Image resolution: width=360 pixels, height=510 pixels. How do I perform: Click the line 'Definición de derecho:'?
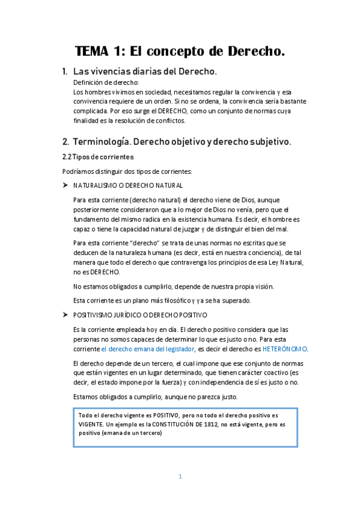106,82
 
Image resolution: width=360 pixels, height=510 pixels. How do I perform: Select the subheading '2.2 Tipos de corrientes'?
94,157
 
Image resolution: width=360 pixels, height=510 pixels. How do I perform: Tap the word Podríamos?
78,171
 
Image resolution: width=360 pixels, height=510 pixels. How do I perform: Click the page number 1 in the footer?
180,476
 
